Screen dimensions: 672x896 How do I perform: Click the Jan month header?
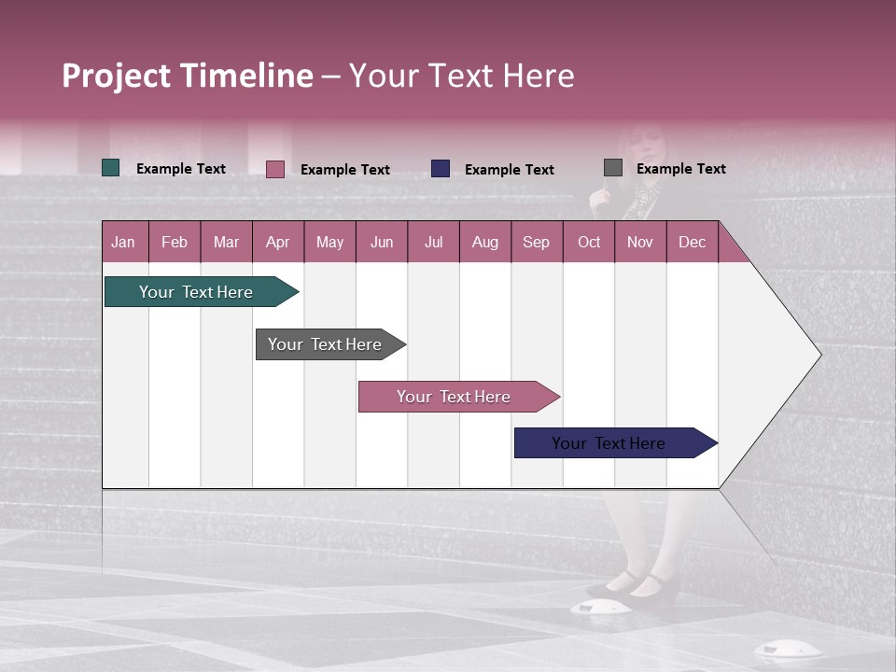123,242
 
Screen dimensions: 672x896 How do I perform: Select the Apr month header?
277,242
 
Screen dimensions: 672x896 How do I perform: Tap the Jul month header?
433,242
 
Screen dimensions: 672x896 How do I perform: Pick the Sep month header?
536,242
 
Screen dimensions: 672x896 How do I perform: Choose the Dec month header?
692,242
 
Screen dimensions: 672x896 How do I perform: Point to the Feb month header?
175,242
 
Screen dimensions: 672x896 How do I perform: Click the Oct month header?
589,242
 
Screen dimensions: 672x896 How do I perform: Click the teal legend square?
111,168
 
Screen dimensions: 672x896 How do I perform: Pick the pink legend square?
275,169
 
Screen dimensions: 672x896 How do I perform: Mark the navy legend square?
441,169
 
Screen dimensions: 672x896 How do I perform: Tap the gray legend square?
613,168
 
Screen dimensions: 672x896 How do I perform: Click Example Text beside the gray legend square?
680,168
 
